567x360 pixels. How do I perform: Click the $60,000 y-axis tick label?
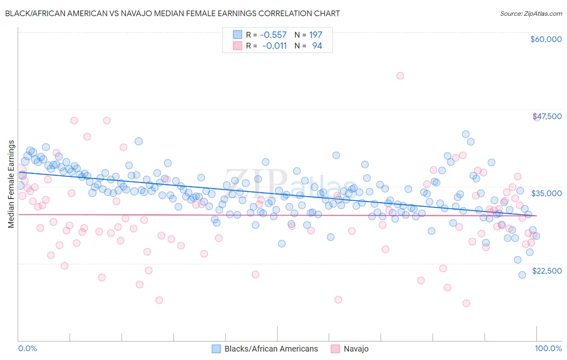tap(546, 39)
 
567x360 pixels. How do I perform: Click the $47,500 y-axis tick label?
tap(547, 116)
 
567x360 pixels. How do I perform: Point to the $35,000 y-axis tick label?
tap(546, 193)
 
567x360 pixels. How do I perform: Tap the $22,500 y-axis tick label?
tap(547, 271)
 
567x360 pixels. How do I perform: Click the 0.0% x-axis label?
tap(27, 348)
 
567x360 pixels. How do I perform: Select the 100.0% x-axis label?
tap(548, 348)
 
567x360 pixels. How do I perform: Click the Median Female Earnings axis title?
tap(11, 184)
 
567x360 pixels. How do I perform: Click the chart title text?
tap(172, 13)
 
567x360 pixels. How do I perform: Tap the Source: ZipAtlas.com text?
tap(531, 13)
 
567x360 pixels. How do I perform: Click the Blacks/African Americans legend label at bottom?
tap(271, 349)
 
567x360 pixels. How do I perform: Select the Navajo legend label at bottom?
tap(356, 349)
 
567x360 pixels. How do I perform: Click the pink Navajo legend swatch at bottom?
tap(335, 349)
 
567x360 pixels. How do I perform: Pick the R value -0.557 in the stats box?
tap(273, 35)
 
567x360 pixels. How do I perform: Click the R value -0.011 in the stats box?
tap(274, 46)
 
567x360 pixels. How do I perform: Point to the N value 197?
tap(315, 35)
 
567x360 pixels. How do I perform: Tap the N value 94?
tap(317, 46)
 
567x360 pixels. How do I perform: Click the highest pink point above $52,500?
tap(400, 75)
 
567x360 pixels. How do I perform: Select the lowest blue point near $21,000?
tap(522, 275)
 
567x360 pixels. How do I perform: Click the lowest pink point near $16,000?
tap(466, 303)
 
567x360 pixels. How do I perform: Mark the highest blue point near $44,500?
tap(465, 134)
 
